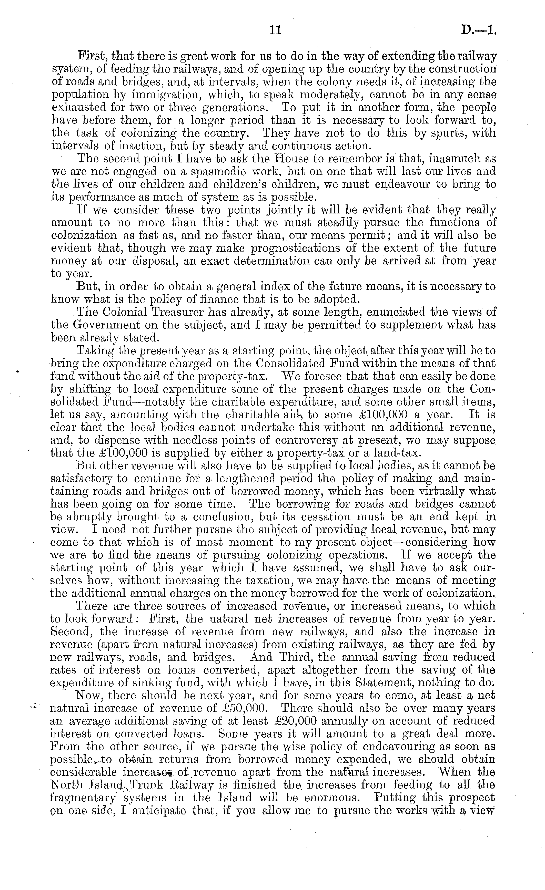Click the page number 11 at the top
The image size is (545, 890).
(x=275, y=30)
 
